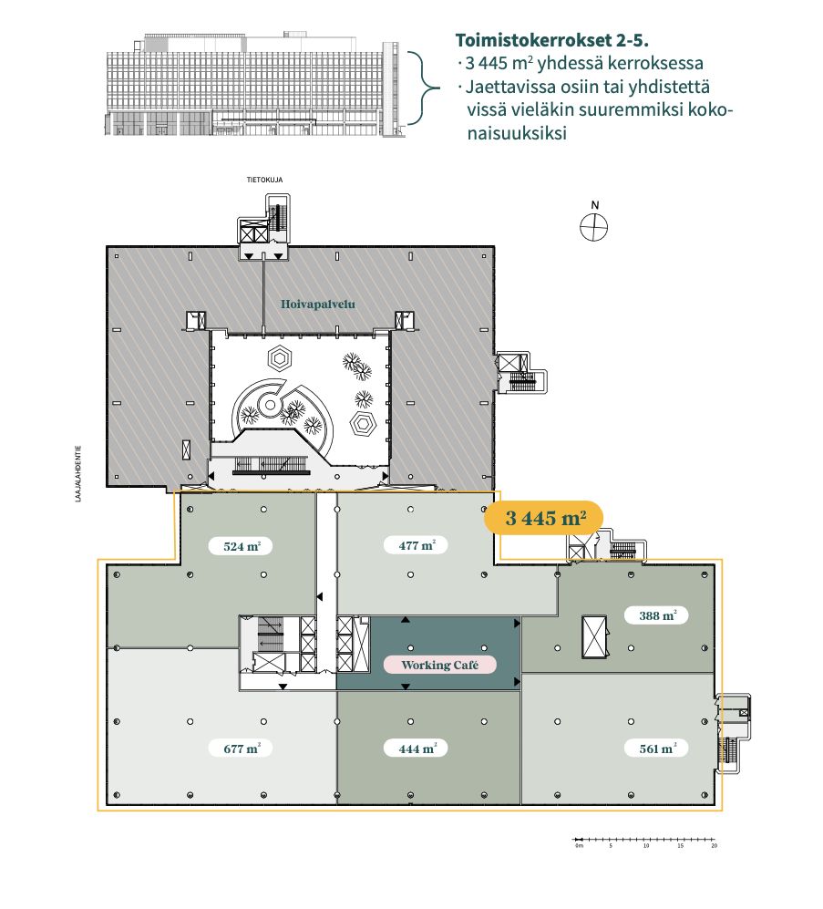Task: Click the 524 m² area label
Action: pyautogui.click(x=242, y=546)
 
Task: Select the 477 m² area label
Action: pyautogui.click(x=415, y=545)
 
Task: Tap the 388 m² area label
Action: pyautogui.click(x=656, y=615)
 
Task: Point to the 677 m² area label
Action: pyautogui.click(x=242, y=749)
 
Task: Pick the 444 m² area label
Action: pyautogui.click(x=415, y=749)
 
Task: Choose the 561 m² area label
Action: pyautogui.click(x=656, y=749)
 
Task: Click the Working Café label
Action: pyautogui.click(x=440, y=665)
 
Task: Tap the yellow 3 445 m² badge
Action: pyautogui.click(x=543, y=517)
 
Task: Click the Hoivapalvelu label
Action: pyautogui.click(x=317, y=305)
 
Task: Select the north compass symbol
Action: pyautogui.click(x=594, y=227)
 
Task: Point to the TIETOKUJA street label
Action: pyautogui.click(x=265, y=180)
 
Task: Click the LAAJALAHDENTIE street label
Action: pyautogui.click(x=78, y=473)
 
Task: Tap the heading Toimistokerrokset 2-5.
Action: pyautogui.click(x=551, y=41)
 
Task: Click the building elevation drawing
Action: pyautogui.click(x=252, y=85)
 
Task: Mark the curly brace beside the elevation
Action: pyautogui.click(x=423, y=88)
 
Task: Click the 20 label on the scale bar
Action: pyautogui.click(x=714, y=846)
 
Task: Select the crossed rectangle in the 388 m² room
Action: pyautogui.click(x=594, y=636)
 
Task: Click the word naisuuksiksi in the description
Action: pyautogui.click(x=517, y=133)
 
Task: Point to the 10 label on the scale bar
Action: pyautogui.click(x=645, y=846)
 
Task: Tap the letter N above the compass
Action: pyautogui.click(x=594, y=205)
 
